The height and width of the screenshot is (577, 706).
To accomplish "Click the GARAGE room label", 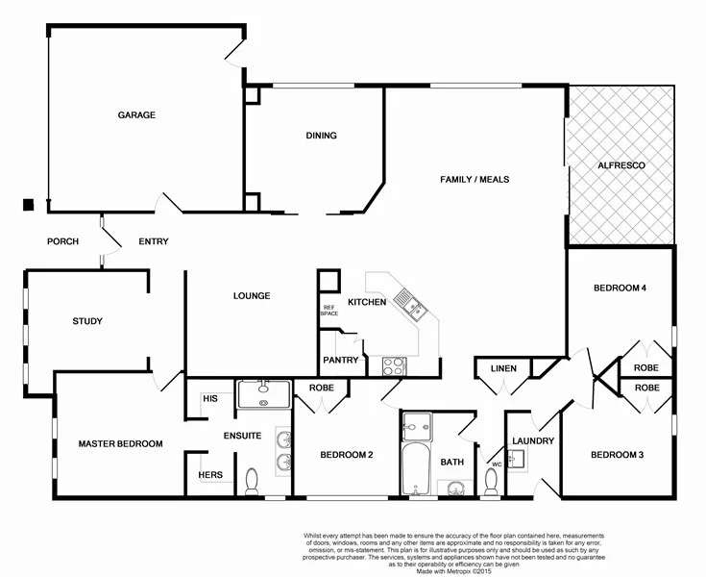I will click(136, 115).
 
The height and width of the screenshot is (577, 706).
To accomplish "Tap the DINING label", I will click(321, 136).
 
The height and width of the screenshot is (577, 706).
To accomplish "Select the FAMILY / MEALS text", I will click(475, 180).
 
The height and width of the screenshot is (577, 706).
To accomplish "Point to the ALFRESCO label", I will click(621, 166).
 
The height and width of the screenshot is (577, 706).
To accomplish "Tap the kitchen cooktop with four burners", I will click(395, 365).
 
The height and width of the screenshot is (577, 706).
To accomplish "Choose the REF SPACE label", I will click(329, 311).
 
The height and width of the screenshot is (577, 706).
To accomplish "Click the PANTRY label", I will click(341, 361).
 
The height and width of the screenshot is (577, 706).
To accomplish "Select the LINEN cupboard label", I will click(503, 368).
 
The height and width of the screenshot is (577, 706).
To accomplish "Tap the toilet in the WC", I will click(492, 481).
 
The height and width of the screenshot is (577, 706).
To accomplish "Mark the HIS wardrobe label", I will click(210, 398).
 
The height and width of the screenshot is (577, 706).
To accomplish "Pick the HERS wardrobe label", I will click(210, 475).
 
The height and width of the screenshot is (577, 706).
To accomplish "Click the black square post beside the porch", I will click(29, 204).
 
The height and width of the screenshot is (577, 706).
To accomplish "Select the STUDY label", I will click(86, 321).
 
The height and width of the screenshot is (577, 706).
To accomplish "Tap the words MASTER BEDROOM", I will click(120, 443).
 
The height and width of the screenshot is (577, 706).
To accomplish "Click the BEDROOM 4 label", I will click(620, 288).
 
